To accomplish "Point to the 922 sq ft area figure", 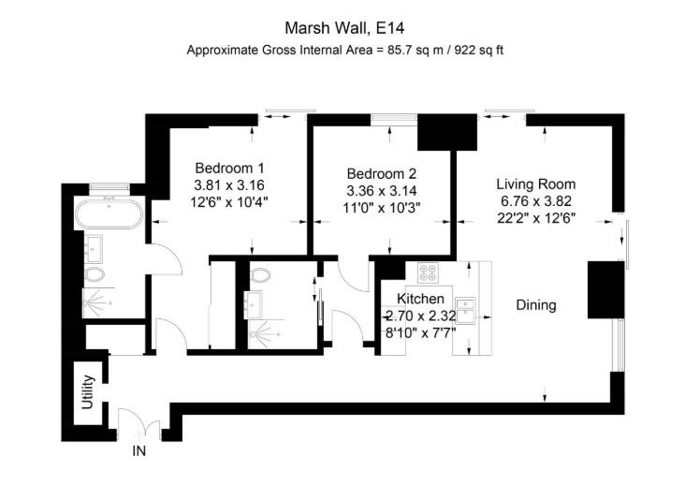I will tap(478, 49).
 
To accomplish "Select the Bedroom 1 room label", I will tap(230, 167).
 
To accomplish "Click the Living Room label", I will tap(535, 184).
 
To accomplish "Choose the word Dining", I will tap(536, 305).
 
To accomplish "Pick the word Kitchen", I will tap(412, 299).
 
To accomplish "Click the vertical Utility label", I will tap(88, 392).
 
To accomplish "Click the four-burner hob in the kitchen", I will tap(428, 273).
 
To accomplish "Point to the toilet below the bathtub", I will tap(94, 275).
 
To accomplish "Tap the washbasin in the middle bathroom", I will tap(255, 302).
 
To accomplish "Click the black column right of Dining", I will tap(598, 291).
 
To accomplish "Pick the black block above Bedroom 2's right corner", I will tap(445, 133).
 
